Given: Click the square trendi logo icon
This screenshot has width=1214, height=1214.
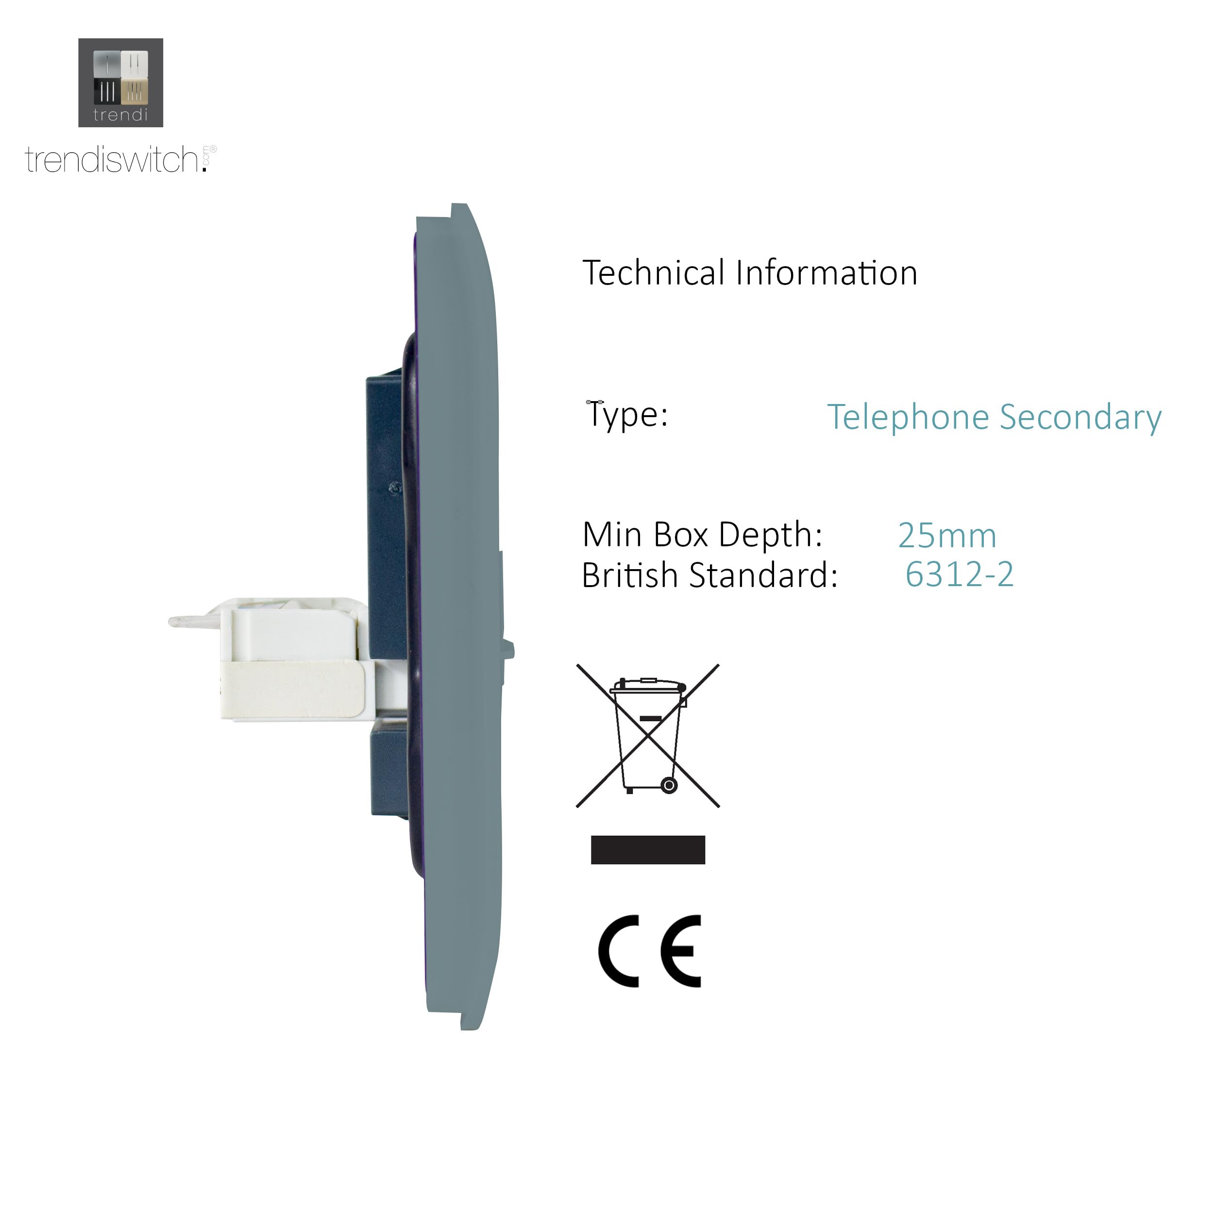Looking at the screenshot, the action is pyautogui.click(x=120, y=83).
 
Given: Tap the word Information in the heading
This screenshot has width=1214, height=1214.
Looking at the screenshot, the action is pyautogui.click(x=826, y=273).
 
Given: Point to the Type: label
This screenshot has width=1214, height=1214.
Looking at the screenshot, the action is pyautogui.click(x=627, y=415).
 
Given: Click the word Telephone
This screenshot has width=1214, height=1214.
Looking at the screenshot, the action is pyautogui.click(x=908, y=417).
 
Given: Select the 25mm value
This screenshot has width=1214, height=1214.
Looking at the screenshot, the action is pyautogui.click(x=947, y=536).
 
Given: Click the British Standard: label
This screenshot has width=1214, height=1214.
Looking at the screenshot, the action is pyautogui.click(x=710, y=575).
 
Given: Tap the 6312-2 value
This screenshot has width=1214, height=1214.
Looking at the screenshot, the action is pyautogui.click(x=960, y=574).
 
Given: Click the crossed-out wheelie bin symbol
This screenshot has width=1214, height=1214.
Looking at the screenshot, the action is pyautogui.click(x=648, y=736).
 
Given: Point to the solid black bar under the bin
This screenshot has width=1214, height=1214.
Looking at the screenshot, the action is pyautogui.click(x=648, y=850).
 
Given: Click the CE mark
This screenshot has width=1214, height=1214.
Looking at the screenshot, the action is pyautogui.click(x=650, y=951).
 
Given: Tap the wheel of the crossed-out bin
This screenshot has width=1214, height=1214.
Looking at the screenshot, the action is pyautogui.click(x=669, y=785).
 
